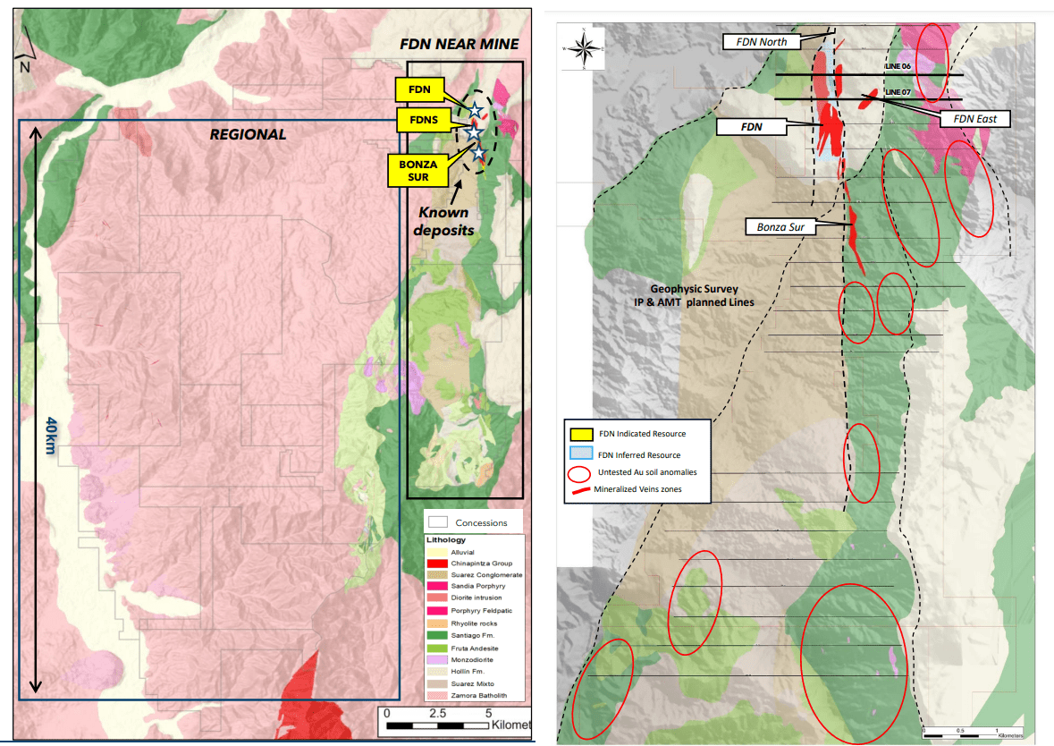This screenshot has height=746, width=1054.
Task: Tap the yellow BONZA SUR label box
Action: point(420,169)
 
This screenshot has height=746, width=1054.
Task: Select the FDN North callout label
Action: point(761,41)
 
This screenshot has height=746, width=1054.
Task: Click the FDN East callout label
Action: point(980,118)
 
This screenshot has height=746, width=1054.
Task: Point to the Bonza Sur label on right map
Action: point(781,227)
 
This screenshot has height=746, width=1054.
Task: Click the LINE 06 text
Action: point(897,67)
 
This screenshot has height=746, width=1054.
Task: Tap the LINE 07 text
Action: point(897,92)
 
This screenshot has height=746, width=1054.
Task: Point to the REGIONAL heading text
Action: point(248,134)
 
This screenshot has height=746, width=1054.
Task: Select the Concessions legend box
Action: point(437,522)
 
